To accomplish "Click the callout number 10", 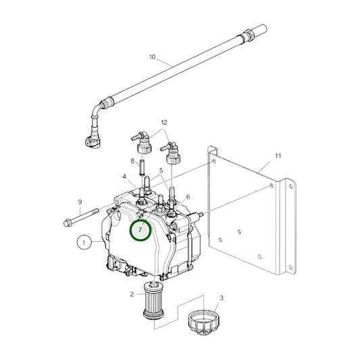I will click(152, 57).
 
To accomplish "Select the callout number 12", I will click(163, 122).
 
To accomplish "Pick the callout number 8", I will click(134, 161).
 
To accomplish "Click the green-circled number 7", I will click(140, 230).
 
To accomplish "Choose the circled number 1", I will click(84, 240).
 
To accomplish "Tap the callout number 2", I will click(132, 294).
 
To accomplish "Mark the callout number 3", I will click(221, 297).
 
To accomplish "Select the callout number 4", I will click(124, 178).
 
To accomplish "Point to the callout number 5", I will click(161, 171).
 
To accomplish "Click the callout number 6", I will click(187, 197).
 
